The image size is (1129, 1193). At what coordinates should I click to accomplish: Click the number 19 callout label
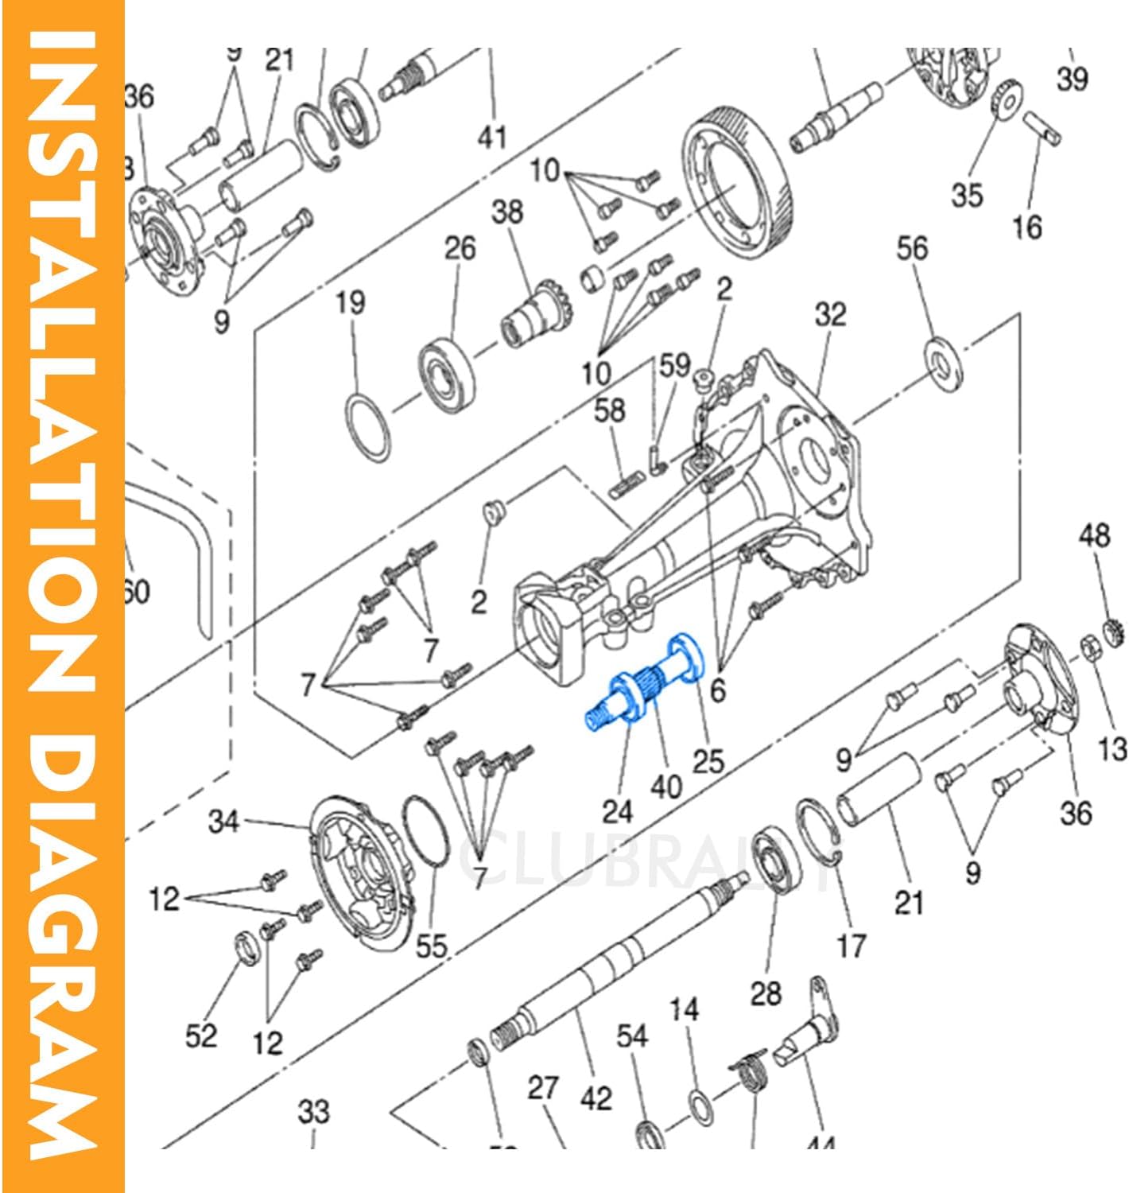[350, 303]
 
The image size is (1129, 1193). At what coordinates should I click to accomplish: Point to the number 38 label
[507, 212]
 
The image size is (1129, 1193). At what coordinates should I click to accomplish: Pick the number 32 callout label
[830, 315]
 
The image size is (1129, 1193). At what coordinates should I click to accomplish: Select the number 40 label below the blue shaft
[666, 787]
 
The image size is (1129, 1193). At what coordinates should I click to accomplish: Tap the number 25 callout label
[708, 761]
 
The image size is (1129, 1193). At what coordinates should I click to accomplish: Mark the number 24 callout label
[618, 811]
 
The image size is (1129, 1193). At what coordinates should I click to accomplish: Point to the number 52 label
[201, 1036]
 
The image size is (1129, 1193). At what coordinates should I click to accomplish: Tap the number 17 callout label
[851, 946]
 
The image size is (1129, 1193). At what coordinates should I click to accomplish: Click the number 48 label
[1094, 534]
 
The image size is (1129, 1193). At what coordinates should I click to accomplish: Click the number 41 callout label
[492, 137]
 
